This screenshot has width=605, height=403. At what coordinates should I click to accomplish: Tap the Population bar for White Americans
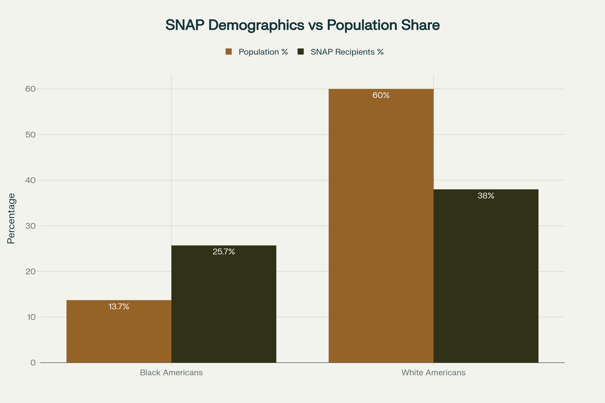point(381,226)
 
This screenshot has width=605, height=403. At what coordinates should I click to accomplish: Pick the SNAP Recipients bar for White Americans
point(486,278)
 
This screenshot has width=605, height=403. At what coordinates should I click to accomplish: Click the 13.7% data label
point(119,307)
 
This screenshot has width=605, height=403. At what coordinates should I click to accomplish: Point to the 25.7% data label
point(224,252)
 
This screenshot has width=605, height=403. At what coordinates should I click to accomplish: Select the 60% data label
point(381,95)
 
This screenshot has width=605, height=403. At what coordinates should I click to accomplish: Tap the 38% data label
point(486,196)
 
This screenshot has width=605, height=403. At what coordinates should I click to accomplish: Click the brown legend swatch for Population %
point(228,52)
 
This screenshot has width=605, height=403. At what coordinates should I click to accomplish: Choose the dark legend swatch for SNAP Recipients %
point(300,52)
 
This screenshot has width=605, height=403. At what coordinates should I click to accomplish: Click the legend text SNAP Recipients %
point(347,52)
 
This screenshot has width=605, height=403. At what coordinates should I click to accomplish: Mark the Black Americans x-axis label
point(171,373)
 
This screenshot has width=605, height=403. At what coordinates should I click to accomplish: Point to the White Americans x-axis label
point(433,373)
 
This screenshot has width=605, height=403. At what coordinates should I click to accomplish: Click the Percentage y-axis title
point(11,218)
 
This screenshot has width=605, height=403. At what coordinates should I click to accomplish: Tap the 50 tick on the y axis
point(30,135)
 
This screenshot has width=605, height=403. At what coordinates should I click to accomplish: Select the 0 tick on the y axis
point(33,363)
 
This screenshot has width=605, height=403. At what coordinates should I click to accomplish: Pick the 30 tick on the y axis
point(30,226)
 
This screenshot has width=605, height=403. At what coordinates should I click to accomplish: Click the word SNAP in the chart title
point(185,25)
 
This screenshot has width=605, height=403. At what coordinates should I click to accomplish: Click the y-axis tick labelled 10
point(31,317)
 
